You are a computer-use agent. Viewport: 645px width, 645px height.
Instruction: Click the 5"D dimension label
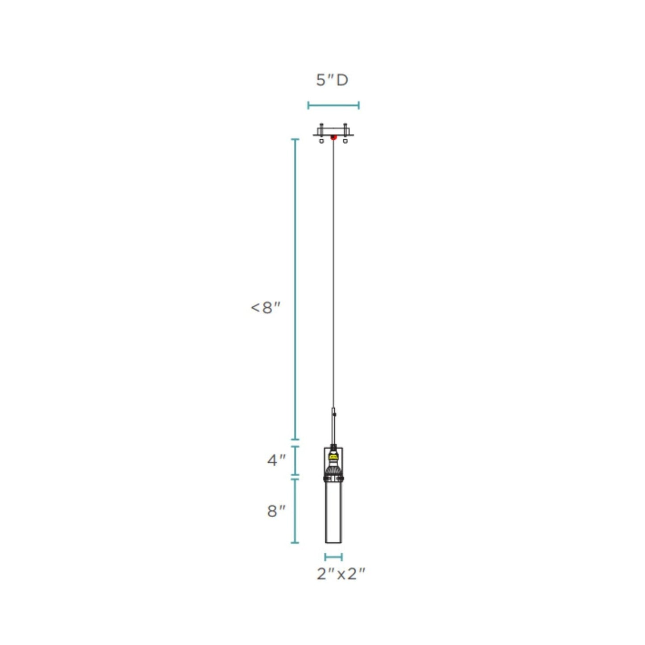coord(332,80)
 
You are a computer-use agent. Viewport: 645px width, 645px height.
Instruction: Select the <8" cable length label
coord(265,308)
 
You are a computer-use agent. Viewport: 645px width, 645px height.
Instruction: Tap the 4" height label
coord(276,461)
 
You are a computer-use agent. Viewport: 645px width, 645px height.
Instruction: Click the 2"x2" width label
coord(341,574)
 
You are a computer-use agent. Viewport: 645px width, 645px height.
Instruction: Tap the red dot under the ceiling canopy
coord(333,137)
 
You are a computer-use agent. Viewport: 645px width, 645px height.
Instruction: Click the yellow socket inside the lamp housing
coord(333,456)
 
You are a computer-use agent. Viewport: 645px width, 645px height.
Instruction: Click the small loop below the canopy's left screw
coord(322,141)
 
